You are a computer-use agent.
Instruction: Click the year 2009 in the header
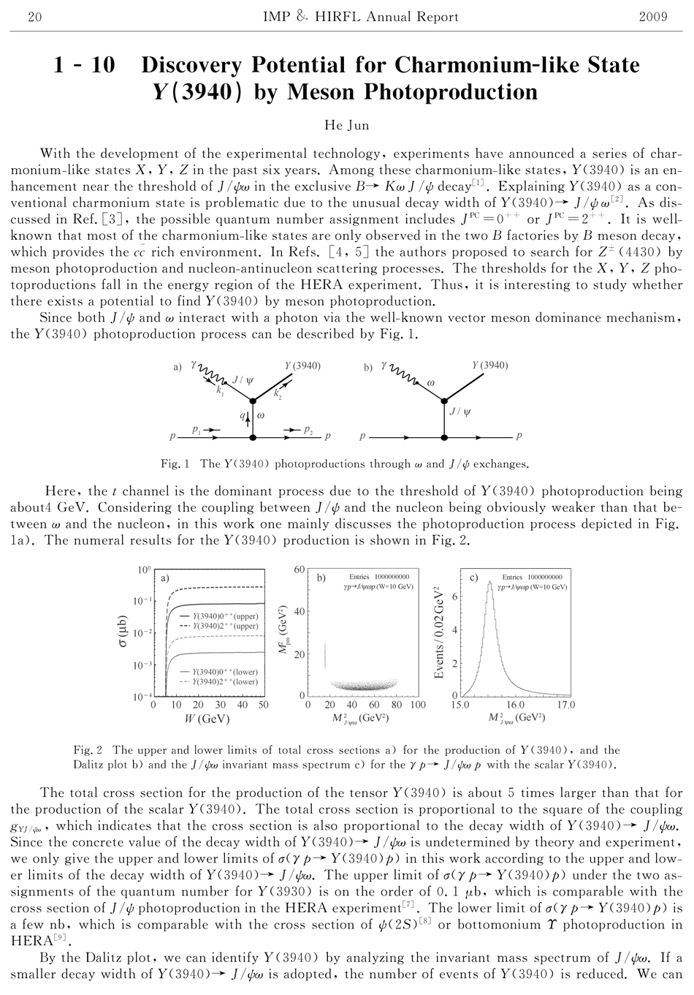point(652,17)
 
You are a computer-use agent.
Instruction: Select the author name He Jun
point(346,125)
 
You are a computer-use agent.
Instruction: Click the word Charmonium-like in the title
point(506,66)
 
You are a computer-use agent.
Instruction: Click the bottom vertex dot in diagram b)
point(443,437)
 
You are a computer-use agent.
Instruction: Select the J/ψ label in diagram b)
point(460,412)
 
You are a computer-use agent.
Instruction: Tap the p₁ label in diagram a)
point(196,431)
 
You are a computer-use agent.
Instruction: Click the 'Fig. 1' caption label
point(175,464)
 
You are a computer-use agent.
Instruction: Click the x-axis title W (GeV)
point(208,719)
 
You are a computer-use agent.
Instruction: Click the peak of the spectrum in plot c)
point(489,582)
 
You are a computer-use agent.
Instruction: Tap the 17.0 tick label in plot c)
point(565,705)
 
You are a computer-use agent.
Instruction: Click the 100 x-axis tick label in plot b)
point(418,705)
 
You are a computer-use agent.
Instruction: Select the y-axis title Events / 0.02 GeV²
point(440,633)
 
